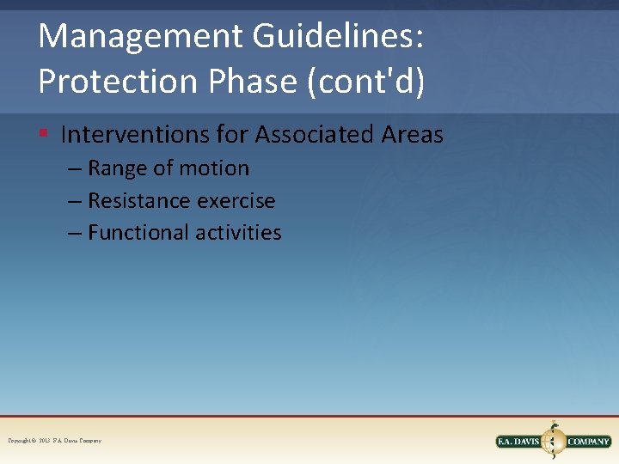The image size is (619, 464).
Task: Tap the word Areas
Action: pyautogui.click(x=413, y=134)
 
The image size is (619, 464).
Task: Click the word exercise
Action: pyautogui.click(x=236, y=201)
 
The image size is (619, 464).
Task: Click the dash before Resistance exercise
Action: pyautogui.click(x=75, y=201)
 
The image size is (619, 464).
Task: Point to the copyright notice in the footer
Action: pyautogui.click(x=54, y=441)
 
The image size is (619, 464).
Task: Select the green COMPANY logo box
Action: pyautogui.click(x=589, y=442)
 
